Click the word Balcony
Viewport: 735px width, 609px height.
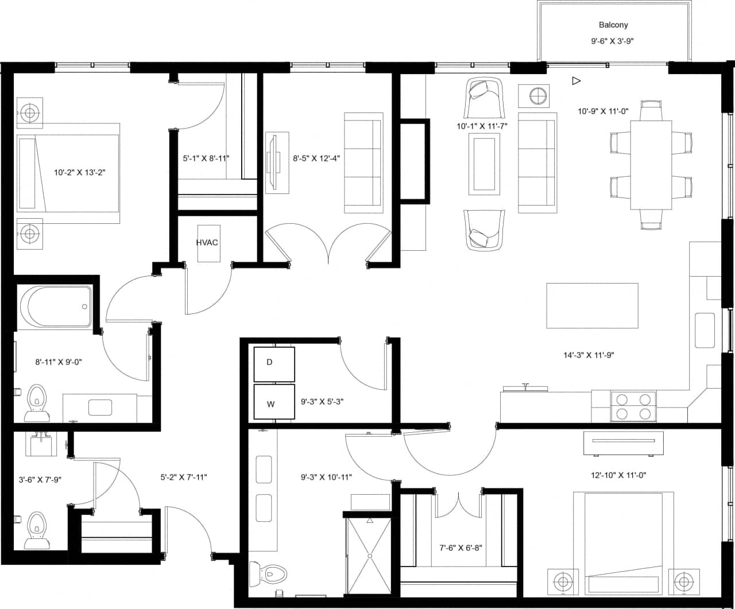point(613,25)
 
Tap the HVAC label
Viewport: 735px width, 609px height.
point(207,242)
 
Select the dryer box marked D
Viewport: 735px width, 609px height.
point(274,364)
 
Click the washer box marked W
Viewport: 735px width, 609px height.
point(274,402)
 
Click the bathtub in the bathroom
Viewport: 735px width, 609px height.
point(56,307)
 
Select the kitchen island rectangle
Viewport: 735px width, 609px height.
point(591,305)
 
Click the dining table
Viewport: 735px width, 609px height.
point(651,165)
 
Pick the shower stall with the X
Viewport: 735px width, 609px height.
point(369,555)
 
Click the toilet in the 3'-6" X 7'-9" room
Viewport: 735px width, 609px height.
point(36,529)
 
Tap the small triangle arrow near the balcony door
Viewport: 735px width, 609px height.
point(576,81)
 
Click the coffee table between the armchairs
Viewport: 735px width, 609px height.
point(486,164)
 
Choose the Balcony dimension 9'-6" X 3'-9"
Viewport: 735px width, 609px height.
point(613,41)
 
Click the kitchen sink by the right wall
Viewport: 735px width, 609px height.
point(705,330)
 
